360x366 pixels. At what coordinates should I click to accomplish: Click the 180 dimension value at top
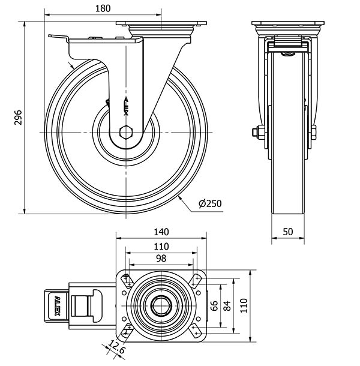coord(103,8)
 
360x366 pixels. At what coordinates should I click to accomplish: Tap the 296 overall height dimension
coord(18,118)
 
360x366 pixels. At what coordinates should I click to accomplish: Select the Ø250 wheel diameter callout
coord(210,204)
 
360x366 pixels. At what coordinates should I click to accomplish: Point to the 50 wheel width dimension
coord(288,232)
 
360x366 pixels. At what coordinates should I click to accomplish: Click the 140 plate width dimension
coord(161,232)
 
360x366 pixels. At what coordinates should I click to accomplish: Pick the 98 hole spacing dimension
coord(161,259)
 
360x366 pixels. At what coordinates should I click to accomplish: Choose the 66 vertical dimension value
coord(214,306)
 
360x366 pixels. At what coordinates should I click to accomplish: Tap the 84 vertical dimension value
coord(227,306)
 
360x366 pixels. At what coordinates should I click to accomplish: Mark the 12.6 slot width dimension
coord(116,347)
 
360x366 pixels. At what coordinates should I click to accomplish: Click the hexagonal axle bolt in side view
coord(126,133)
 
